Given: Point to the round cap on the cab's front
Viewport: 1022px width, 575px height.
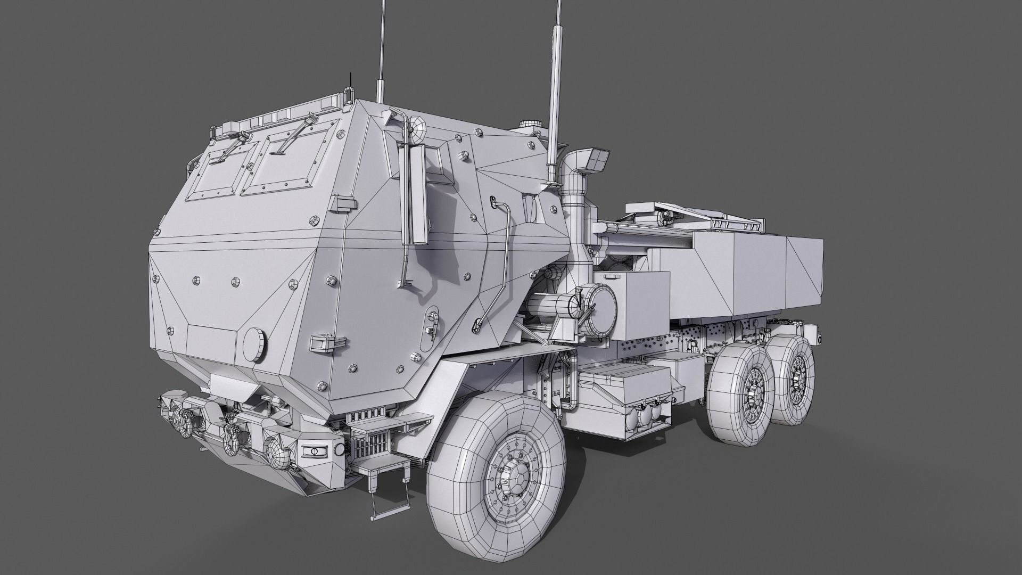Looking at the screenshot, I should coord(254,342).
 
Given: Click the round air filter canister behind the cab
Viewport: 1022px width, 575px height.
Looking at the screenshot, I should coord(599,306).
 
